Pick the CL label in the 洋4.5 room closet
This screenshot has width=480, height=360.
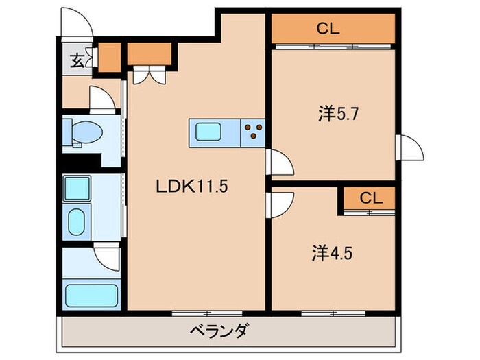[x=370, y=198]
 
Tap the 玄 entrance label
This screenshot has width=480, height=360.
[x=76, y=60]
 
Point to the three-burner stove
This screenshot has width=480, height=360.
[x=253, y=131]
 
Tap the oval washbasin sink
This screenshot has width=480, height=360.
[x=76, y=221]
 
